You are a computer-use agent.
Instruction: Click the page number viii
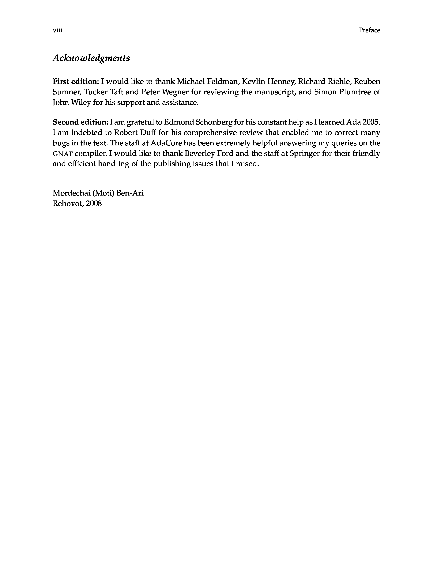point(57,30)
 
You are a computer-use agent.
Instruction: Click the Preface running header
point(369,30)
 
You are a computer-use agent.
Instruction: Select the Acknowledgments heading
point(91,58)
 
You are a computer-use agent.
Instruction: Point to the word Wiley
point(81,103)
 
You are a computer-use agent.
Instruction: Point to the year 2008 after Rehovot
point(94,204)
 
